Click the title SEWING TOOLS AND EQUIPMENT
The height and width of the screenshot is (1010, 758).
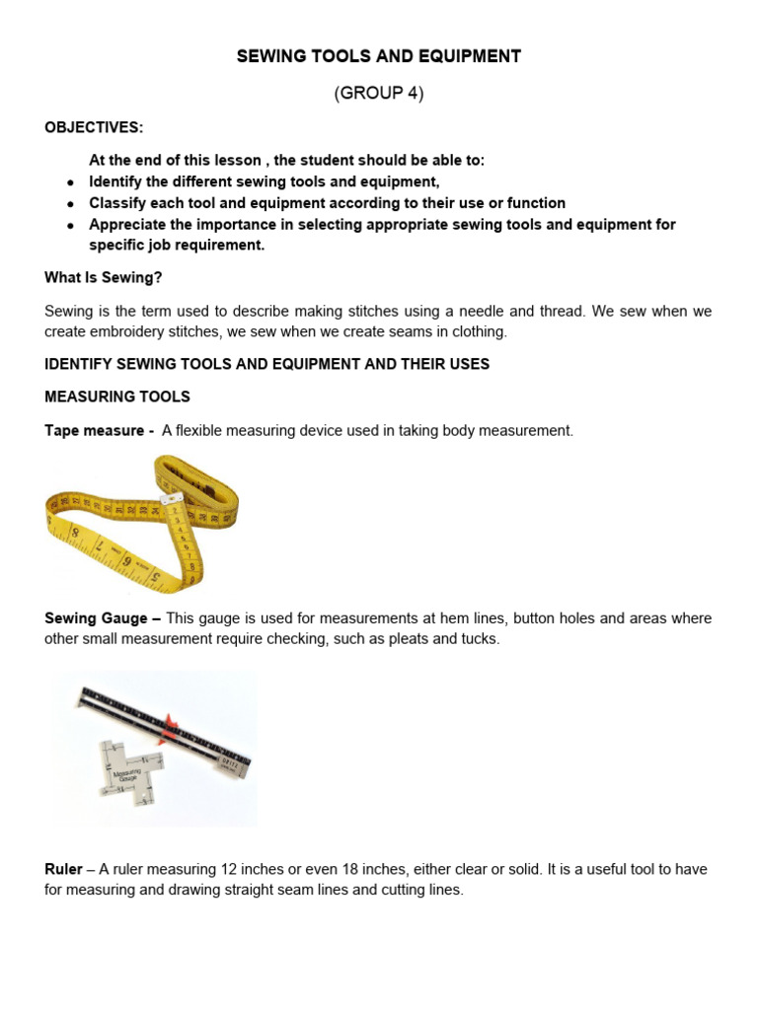tap(379, 56)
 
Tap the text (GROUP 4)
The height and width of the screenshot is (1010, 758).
tap(379, 94)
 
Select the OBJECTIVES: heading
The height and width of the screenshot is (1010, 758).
tap(94, 128)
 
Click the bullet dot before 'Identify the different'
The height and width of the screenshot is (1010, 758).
tap(70, 183)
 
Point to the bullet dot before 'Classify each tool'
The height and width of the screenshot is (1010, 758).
tap(70, 204)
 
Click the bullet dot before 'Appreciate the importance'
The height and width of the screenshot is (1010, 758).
tap(70, 226)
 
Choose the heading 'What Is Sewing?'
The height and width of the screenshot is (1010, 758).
tap(104, 278)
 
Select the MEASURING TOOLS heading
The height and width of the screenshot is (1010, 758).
tap(117, 397)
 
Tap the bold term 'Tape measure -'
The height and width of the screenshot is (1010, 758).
tap(99, 431)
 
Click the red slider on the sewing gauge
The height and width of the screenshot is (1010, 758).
tap(171, 727)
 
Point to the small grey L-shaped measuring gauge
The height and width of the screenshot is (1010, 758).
tap(125, 769)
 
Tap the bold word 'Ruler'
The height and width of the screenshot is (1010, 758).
tap(63, 869)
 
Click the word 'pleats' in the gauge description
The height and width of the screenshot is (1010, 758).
tap(425, 638)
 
